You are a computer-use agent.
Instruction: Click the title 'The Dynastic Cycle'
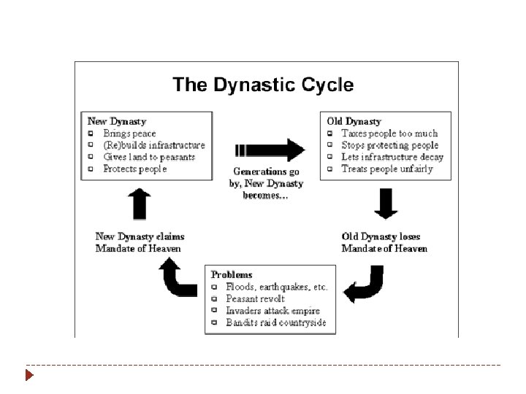point(263,85)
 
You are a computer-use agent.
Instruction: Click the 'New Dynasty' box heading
point(117,121)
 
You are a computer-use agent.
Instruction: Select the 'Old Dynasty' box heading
point(354,121)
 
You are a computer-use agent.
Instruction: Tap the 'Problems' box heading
point(233,274)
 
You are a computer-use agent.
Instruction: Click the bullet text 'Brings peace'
point(129,134)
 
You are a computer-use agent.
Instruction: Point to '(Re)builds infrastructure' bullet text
point(153,145)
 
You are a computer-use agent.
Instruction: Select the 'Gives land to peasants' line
point(150,157)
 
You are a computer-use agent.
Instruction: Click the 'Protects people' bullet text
point(134,169)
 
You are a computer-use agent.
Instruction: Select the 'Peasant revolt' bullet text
point(256,298)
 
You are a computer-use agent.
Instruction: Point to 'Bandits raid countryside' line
point(276,322)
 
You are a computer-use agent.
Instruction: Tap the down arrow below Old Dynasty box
point(386,204)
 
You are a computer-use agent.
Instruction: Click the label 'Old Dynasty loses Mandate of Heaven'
point(384,243)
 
